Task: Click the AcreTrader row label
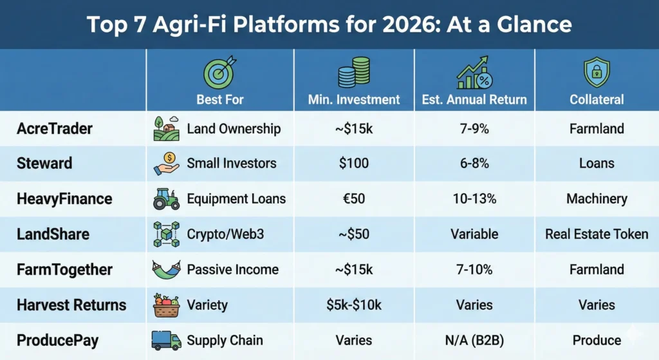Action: (x=54, y=129)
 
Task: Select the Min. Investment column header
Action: (x=354, y=99)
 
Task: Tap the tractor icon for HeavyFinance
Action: (x=167, y=199)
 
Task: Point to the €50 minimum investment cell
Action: (x=354, y=199)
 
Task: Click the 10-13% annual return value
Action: (x=474, y=199)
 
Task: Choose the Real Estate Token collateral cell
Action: (x=597, y=234)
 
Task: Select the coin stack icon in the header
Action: (x=354, y=73)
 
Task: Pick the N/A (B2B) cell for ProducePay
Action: (x=474, y=339)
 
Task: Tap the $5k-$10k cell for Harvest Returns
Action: (x=354, y=305)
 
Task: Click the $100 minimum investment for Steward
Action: (x=354, y=164)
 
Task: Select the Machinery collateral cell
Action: (x=597, y=199)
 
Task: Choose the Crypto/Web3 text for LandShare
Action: (x=223, y=234)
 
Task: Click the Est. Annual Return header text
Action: (x=474, y=99)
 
